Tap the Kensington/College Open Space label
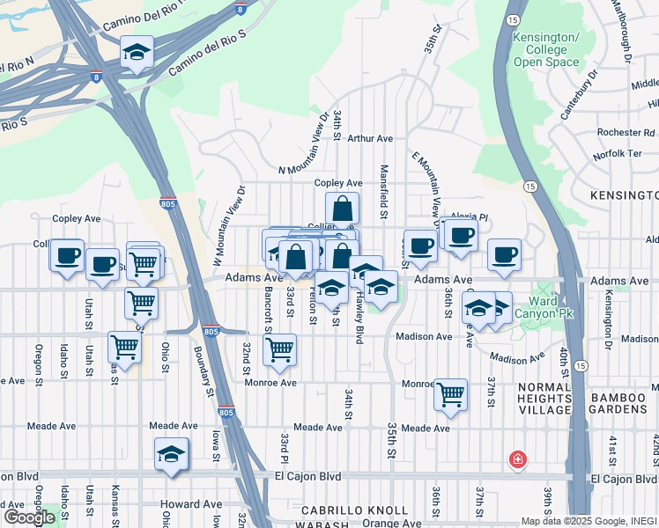click(x=546, y=50)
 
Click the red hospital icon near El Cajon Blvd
click(x=518, y=459)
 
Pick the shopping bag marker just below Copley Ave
click(x=342, y=210)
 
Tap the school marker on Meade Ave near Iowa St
click(x=172, y=455)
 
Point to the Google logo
click(x=28, y=517)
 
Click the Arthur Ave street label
click(x=369, y=139)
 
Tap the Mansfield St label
click(x=384, y=191)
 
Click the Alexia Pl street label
click(x=469, y=216)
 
